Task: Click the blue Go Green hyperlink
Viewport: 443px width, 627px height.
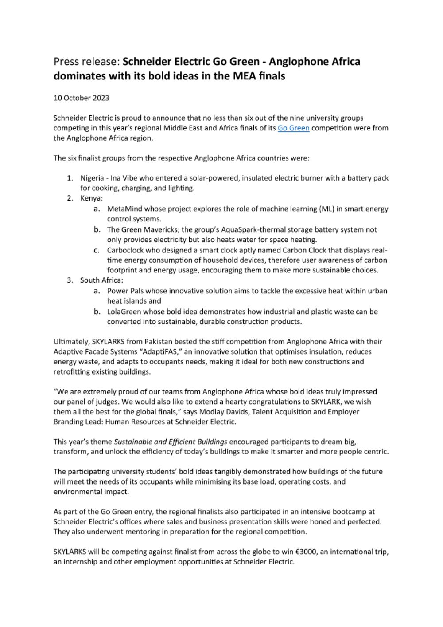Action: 293,128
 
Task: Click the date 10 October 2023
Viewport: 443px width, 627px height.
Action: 81,98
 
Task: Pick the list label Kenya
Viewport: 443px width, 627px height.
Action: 91,198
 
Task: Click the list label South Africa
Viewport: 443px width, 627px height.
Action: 101,280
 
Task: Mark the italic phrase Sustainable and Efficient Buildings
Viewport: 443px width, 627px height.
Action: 171,442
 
